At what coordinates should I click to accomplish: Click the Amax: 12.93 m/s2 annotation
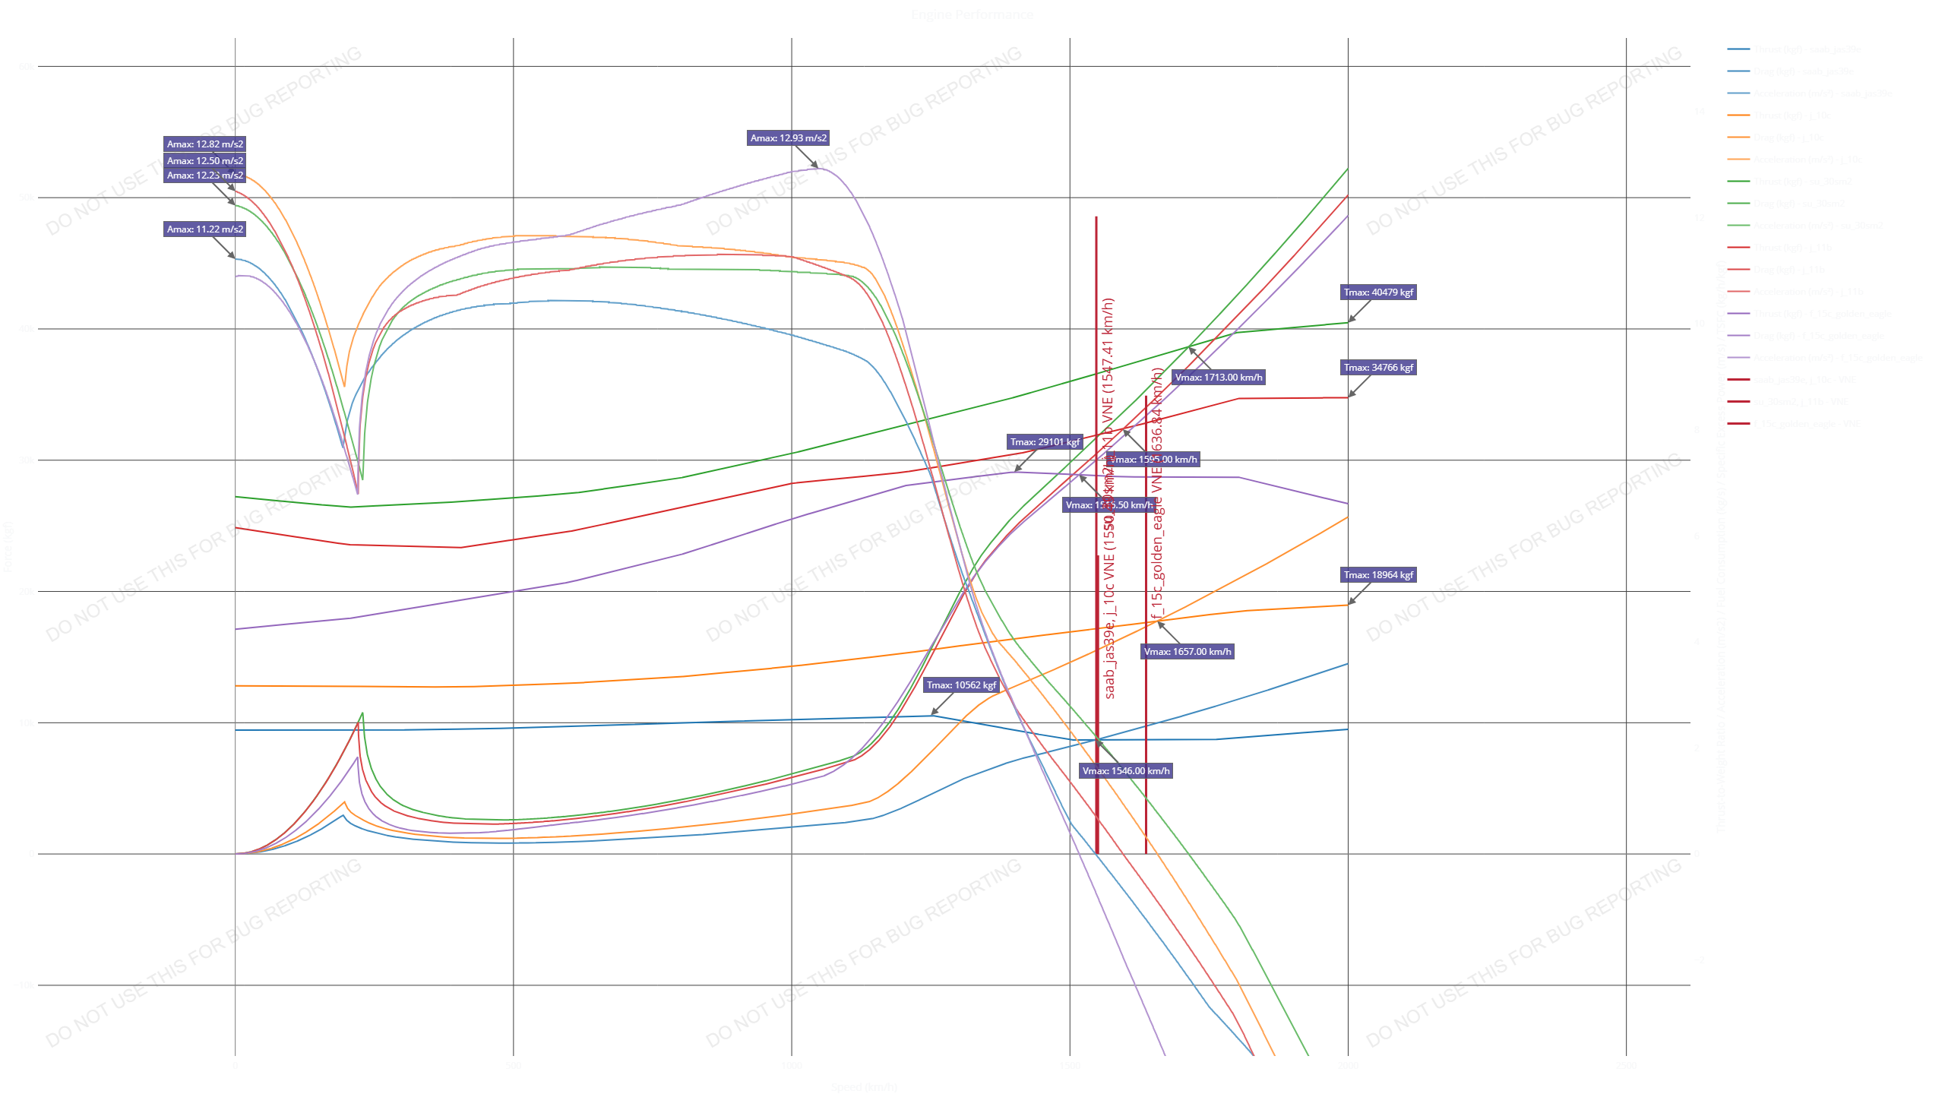[788, 138]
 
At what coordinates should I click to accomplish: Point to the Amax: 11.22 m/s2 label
[205, 229]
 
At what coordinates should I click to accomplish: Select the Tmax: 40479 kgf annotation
[1378, 292]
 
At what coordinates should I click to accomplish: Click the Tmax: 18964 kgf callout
[1378, 575]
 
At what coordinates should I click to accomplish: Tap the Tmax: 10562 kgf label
[961, 685]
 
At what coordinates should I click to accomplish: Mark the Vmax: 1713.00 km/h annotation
[1218, 378]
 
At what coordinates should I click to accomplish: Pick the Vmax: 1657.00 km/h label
[1188, 652]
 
